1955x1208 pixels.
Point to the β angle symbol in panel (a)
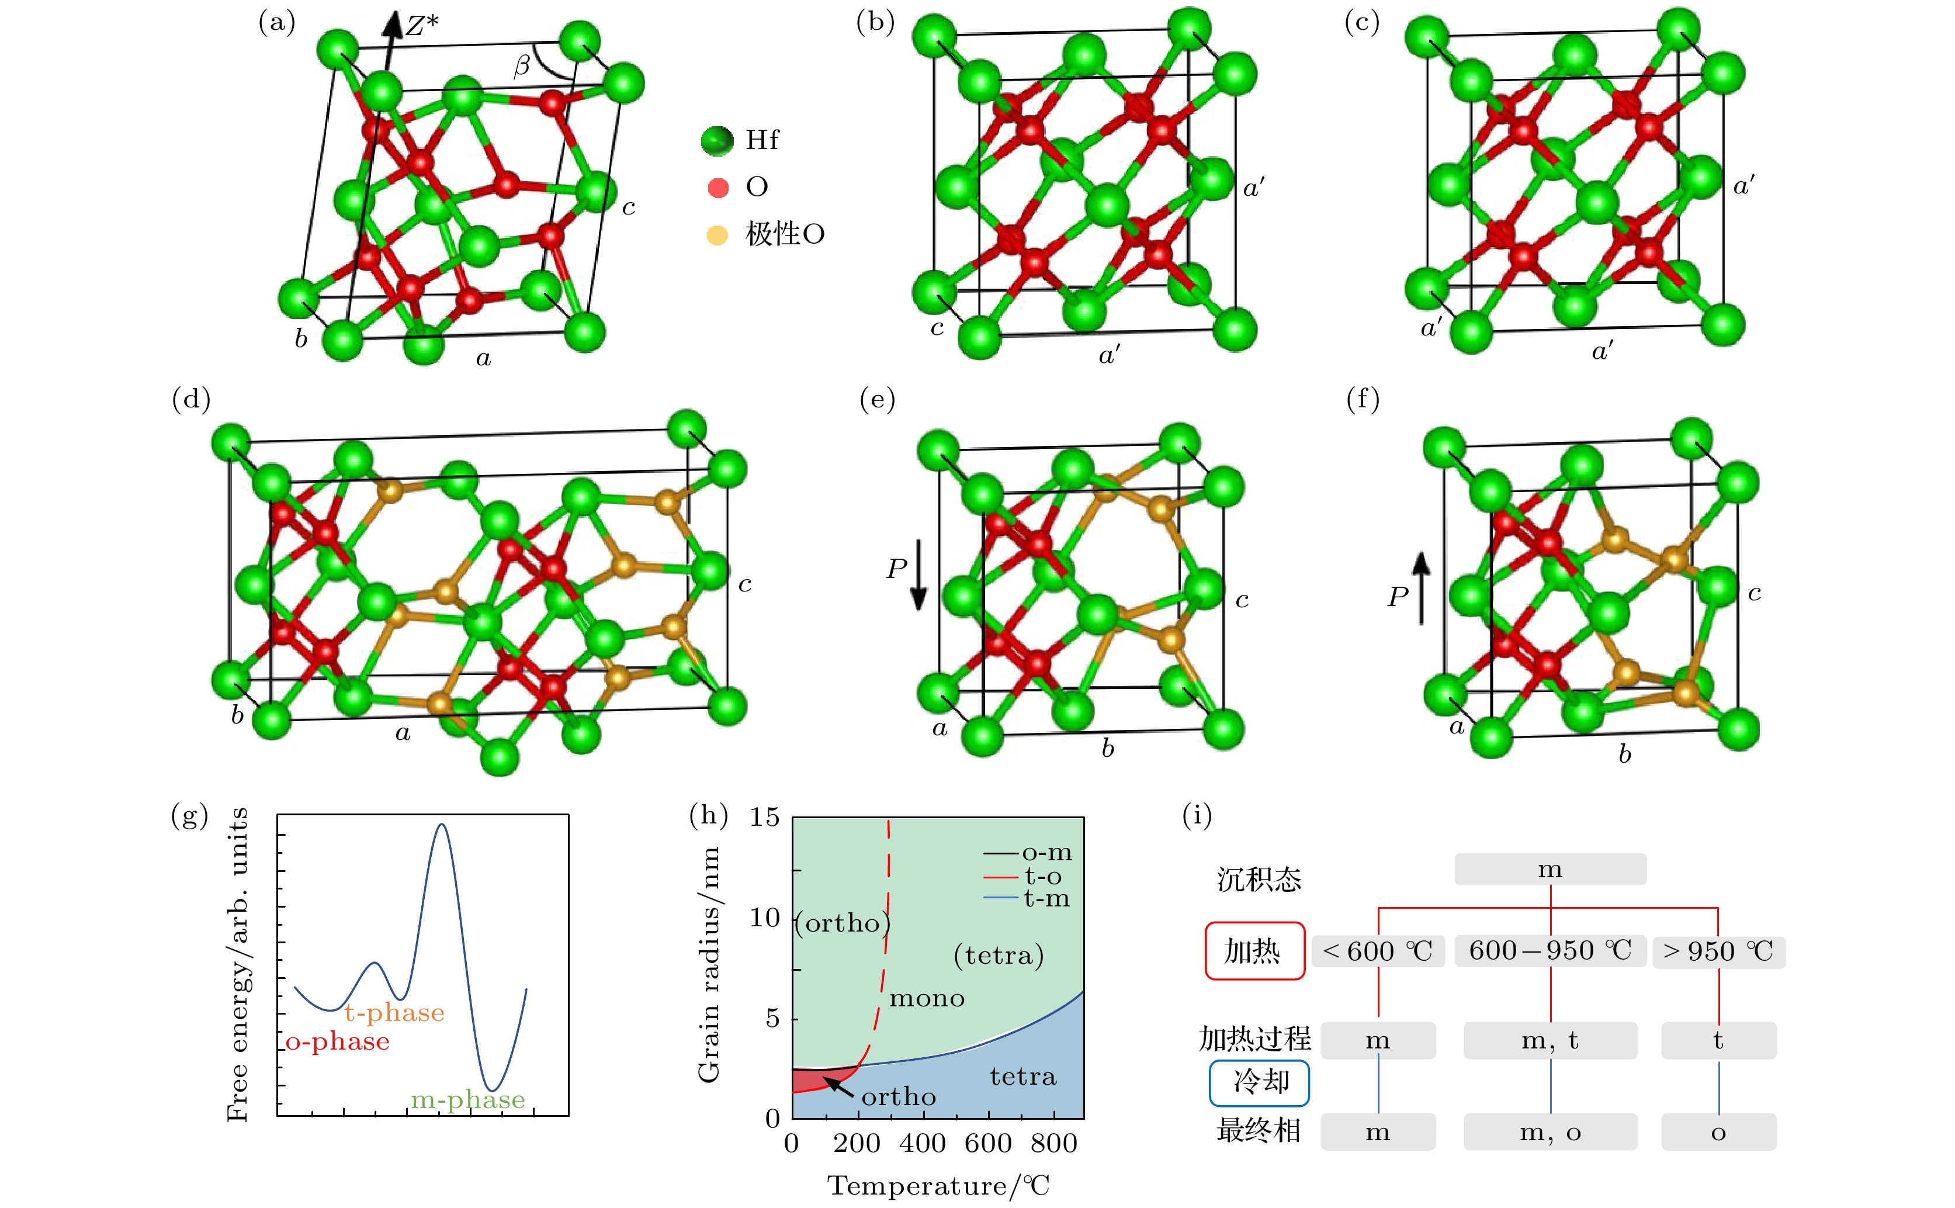[x=522, y=65]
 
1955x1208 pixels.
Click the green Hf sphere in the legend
[x=717, y=141]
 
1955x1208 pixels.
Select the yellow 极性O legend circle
[x=717, y=235]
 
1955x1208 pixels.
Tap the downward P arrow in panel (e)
[x=919, y=574]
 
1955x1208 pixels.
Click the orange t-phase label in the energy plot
[x=394, y=1013]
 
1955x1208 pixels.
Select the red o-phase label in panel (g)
[x=338, y=1042]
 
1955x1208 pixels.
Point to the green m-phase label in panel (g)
[x=468, y=1100]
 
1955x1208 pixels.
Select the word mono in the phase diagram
[x=927, y=999]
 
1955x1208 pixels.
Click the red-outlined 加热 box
[x=1254, y=951]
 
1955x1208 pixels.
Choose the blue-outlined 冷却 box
[x=1259, y=1082]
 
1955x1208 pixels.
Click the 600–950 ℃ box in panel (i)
[x=1550, y=951]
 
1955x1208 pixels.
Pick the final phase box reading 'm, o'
[x=1550, y=1132]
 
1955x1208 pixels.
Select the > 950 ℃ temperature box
[x=1718, y=951]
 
